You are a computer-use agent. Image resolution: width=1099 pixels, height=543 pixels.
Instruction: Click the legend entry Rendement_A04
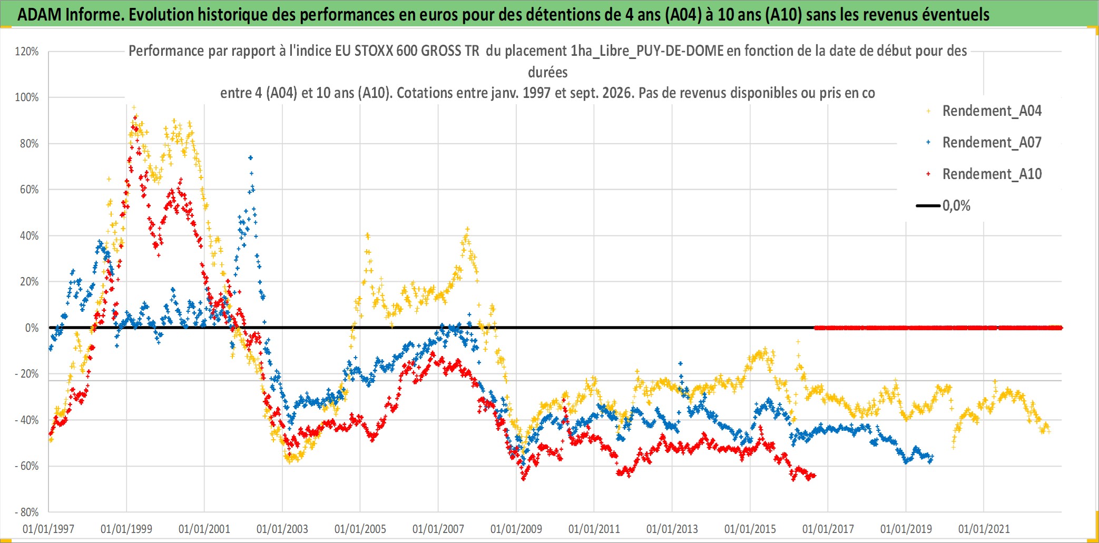coord(992,111)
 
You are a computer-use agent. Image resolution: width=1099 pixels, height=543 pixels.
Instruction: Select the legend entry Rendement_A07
coord(992,143)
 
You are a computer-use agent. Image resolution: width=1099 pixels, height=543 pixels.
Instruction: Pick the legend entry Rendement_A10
coord(992,174)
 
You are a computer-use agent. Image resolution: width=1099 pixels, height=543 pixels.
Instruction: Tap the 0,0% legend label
coord(956,206)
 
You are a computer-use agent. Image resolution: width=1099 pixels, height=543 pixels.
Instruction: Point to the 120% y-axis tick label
coord(27,52)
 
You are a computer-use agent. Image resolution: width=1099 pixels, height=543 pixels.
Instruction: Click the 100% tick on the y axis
coord(27,97)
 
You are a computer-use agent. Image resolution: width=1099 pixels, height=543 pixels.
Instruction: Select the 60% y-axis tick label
coord(29,190)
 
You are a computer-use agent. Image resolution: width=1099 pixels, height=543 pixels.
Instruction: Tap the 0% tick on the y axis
coord(32,328)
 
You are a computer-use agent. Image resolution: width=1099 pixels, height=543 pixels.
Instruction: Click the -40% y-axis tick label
coord(27,420)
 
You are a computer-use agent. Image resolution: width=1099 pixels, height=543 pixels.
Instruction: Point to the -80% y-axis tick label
coord(27,512)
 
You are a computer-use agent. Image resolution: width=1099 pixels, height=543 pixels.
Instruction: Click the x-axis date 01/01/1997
coord(48,529)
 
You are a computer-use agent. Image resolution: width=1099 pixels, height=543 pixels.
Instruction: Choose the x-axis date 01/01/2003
coord(282,529)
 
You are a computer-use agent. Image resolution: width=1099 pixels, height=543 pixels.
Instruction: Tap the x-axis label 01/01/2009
coord(516,529)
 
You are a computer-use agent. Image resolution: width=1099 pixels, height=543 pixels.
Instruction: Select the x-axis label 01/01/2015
coord(750,529)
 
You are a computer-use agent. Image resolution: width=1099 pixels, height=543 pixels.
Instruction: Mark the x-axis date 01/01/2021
coord(984,529)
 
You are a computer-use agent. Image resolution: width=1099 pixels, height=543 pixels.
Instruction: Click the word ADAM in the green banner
coord(40,15)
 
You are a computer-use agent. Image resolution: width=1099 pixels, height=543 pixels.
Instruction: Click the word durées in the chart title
coord(548,72)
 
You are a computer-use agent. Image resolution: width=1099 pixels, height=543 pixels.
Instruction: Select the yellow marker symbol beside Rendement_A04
coord(928,111)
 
